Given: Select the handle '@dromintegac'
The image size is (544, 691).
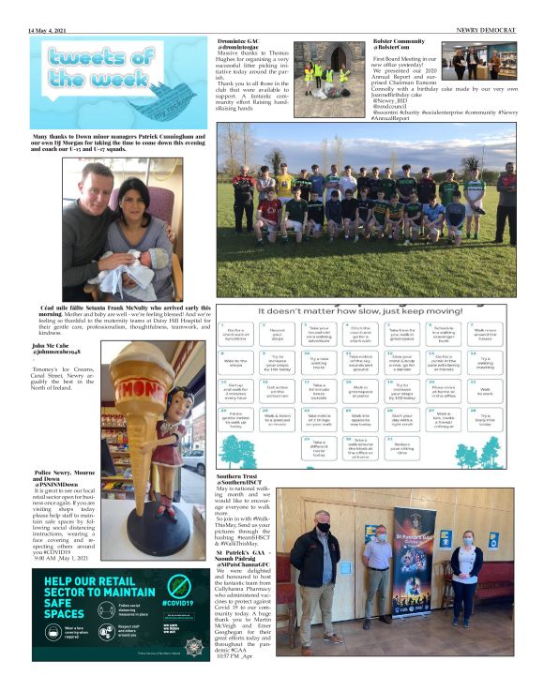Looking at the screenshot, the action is coord(243,48).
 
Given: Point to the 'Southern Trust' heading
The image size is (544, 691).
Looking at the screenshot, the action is coord(241,475).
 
